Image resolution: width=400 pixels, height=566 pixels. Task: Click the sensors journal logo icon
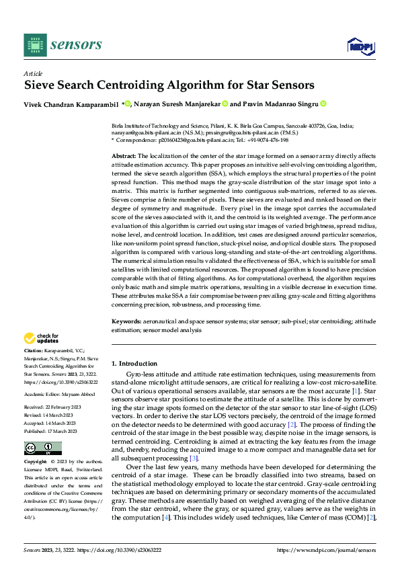pos(35,44)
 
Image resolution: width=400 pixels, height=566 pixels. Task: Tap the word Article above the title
pos(32,73)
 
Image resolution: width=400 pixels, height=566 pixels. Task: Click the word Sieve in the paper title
pos(40,85)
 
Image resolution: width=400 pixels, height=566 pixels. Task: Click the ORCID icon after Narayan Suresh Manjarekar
pos(225,104)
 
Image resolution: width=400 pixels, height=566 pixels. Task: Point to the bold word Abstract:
pos(124,155)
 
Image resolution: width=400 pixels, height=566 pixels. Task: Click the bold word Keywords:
pos(126,322)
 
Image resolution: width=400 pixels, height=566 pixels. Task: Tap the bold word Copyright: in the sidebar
pos(36,462)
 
